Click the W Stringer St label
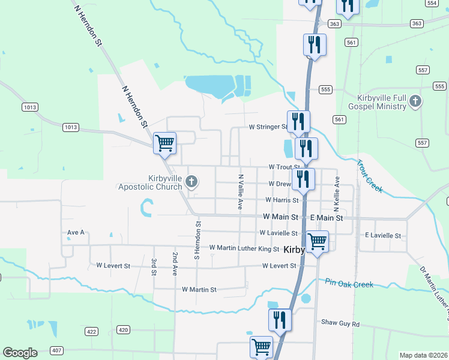(x=268, y=127)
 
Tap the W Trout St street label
(x=284, y=167)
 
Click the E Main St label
(x=326, y=218)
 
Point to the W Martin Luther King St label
(x=244, y=248)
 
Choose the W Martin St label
(x=199, y=290)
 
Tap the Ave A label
(x=76, y=232)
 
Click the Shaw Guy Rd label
(x=340, y=324)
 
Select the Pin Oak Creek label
(x=349, y=284)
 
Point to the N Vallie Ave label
(x=240, y=192)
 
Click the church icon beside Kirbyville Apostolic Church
(x=192, y=181)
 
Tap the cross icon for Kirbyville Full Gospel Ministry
(x=415, y=102)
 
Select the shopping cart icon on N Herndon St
(x=164, y=143)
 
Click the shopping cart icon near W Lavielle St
(x=317, y=241)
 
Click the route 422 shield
(x=91, y=331)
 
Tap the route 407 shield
(x=56, y=350)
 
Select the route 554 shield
(x=431, y=3)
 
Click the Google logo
(x=20, y=353)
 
